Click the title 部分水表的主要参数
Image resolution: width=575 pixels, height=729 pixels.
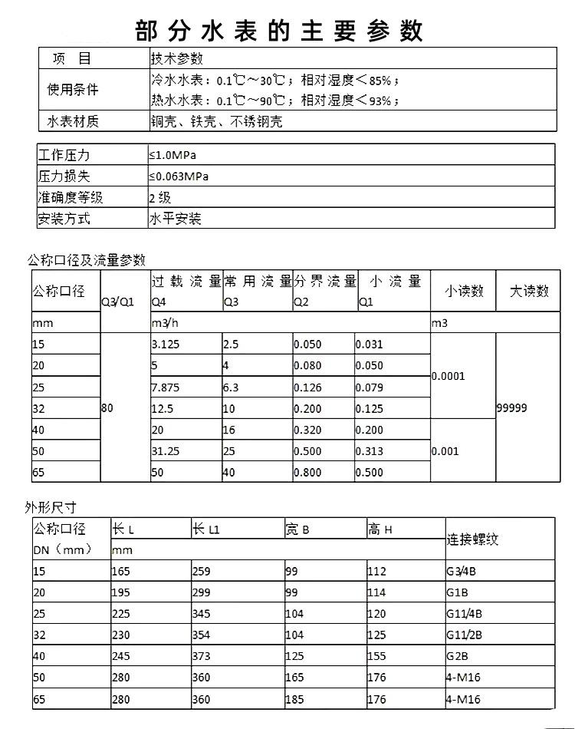[x=279, y=30]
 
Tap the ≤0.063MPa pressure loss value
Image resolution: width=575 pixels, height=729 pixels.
[x=179, y=176]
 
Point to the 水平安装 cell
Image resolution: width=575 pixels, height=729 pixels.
[x=176, y=219]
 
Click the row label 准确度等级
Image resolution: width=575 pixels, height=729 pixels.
[x=71, y=198]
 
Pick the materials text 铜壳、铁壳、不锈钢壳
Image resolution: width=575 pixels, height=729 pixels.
[x=216, y=121]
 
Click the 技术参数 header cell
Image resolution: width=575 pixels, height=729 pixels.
[x=176, y=58]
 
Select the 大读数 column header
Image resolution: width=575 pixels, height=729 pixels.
[x=529, y=291]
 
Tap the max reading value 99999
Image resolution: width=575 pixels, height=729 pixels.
[x=512, y=408]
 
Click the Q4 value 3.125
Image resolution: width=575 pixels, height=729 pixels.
[x=166, y=345]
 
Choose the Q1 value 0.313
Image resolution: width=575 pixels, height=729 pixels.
[x=370, y=451]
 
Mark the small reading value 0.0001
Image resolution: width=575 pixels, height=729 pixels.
[x=448, y=376]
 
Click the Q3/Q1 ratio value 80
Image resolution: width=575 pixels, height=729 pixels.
[x=107, y=409]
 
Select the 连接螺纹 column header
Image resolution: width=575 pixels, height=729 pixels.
[x=472, y=539]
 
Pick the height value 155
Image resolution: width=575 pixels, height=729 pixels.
[x=376, y=656]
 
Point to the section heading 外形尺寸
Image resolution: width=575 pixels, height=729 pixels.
[x=51, y=507]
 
